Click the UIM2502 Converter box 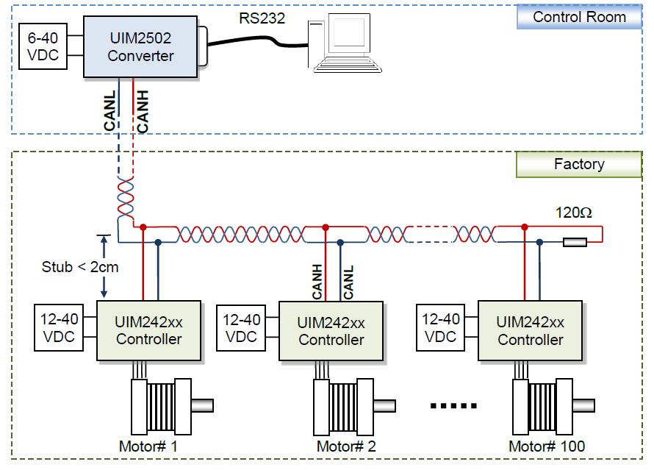(x=140, y=46)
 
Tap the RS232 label (x=262, y=17)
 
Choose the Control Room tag (x=579, y=17)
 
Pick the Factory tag (x=579, y=164)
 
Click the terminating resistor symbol (x=575, y=241)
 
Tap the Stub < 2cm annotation (x=79, y=266)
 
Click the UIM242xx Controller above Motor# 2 (x=331, y=330)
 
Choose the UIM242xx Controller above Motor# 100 (x=530, y=330)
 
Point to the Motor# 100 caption (x=547, y=446)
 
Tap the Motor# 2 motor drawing (x=350, y=406)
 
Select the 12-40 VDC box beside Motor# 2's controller (x=241, y=328)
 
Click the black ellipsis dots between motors (x=453, y=405)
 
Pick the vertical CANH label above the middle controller (x=317, y=281)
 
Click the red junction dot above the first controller (x=144, y=227)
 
